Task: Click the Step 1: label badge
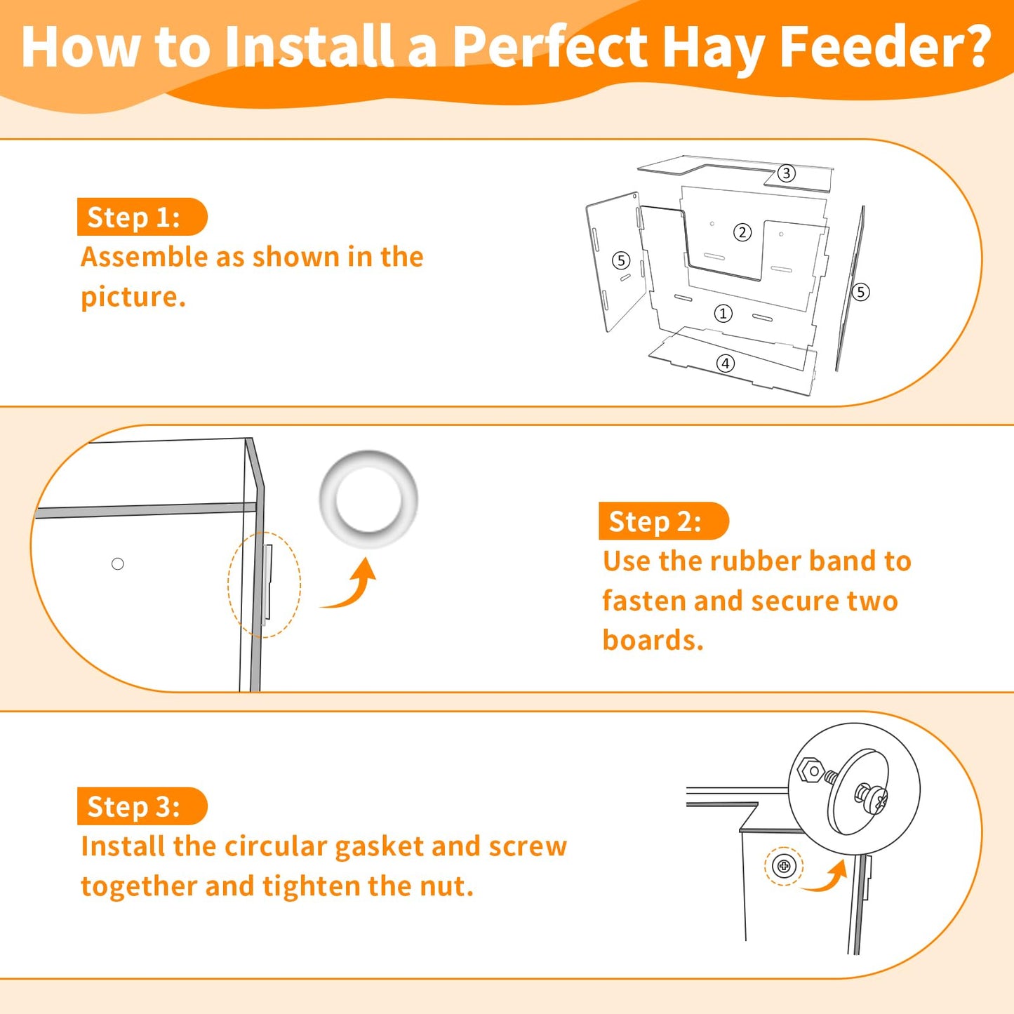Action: click(x=142, y=217)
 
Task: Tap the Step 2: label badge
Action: click(x=664, y=521)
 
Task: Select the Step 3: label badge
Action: click(x=142, y=806)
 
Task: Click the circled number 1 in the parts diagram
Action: click(x=723, y=314)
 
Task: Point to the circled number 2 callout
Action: click(x=742, y=232)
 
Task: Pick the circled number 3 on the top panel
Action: click(x=786, y=173)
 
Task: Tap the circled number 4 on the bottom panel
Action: click(x=726, y=363)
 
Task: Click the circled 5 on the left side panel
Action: click(x=622, y=260)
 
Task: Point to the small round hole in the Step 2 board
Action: click(x=118, y=563)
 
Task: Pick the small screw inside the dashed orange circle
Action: click(x=784, y=866)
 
